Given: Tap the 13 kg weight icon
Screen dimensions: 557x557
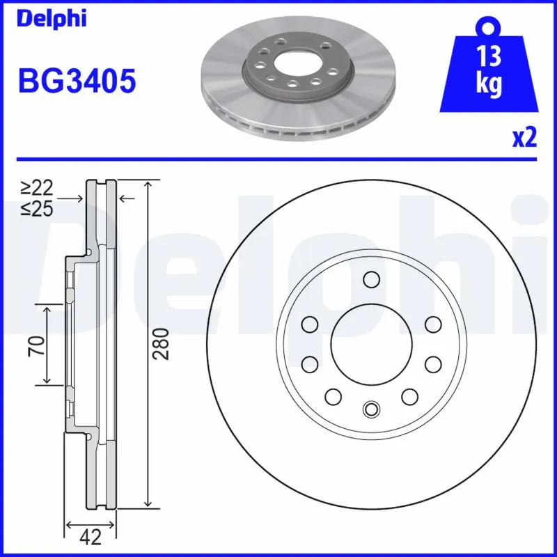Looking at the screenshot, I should tap(489, 70).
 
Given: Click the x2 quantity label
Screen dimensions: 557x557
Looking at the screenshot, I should tap(524, 138).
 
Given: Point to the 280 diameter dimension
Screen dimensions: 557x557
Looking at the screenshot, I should tap(161, 343).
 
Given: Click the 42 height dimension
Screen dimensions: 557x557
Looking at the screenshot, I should tap(91, 537).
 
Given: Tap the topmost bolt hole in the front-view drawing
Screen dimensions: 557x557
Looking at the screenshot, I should tap(371, 280).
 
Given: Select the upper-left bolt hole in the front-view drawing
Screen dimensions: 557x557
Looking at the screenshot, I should tap(310, 324).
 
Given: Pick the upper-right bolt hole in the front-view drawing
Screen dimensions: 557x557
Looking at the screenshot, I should tap(432, 324).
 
